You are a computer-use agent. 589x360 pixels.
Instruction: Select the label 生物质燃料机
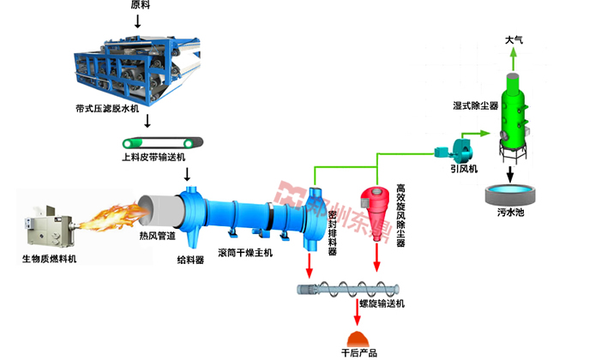(x=49, y=259)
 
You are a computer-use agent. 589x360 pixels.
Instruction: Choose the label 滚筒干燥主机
(x=245, y=253)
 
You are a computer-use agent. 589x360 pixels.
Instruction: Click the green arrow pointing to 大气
(x=514, y=58)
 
